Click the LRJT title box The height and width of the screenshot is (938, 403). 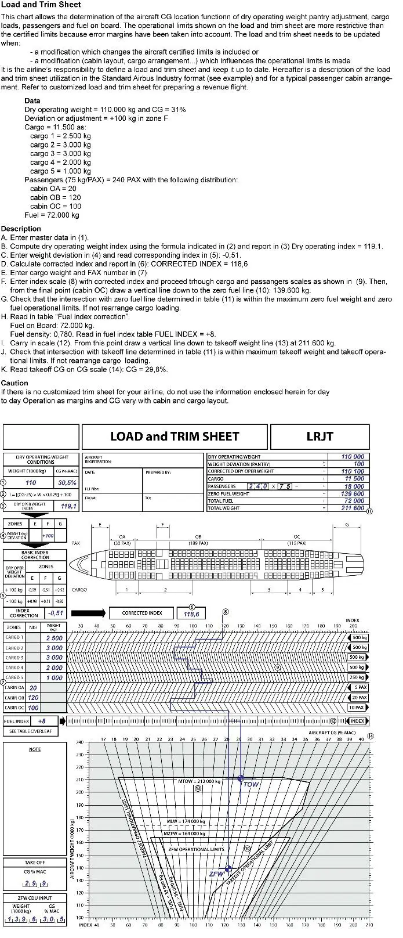[320, 436]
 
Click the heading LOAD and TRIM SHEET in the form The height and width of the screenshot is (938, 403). [175, 436]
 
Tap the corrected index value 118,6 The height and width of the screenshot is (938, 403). [191, 614]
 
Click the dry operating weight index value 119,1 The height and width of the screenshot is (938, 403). [68, 506]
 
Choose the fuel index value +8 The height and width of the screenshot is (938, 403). [41, 721]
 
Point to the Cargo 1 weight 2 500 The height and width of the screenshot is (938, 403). [54, 638]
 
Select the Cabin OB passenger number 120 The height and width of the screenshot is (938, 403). [33, 698]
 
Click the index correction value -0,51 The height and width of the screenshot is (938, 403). [56, 613]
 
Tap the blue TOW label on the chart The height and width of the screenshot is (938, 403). [250, 784]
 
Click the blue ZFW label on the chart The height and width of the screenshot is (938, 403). [216, 873]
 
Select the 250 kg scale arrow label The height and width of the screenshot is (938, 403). [357, 677]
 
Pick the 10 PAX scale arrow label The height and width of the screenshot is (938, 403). [357, 708]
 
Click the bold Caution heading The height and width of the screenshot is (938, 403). [14, 383]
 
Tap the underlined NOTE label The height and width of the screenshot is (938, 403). [35, 749]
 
